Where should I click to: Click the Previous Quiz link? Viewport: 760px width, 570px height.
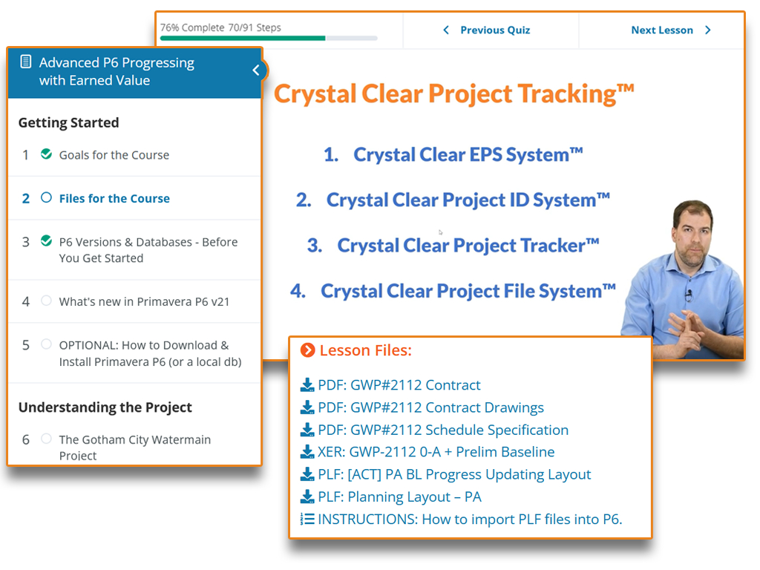487,30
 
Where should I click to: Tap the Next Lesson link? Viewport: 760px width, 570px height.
671,30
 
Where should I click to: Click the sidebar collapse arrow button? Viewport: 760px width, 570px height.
256,71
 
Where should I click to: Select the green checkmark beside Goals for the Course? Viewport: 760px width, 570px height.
46,154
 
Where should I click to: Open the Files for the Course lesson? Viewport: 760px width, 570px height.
114,198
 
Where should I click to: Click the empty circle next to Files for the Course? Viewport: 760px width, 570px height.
46,197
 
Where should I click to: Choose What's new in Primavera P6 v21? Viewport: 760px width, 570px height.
144,301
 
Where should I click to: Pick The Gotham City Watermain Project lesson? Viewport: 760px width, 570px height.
135,447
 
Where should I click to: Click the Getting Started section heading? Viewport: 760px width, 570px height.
69,122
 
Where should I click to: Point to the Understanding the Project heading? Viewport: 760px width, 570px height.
105,407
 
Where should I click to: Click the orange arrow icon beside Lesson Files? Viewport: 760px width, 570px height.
308,350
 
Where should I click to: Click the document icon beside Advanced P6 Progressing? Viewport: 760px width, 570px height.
26,62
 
